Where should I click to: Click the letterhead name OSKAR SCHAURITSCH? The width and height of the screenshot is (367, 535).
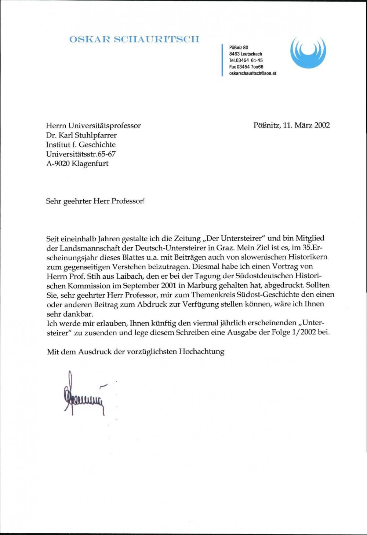click(x=134, y=39)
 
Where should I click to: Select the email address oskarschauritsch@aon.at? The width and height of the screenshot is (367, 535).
click(x=252, y=73)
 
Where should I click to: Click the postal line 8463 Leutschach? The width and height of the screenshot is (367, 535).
click(x=246, y=54)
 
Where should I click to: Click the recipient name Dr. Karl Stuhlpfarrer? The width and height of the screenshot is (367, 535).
click(x=81, y=135)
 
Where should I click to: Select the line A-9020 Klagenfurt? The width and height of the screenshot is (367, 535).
click(x=77, y=164)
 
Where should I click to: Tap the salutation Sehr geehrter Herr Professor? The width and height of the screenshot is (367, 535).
click(x=96, y=201)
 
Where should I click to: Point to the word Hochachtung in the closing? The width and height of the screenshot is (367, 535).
click(x=201, y=351)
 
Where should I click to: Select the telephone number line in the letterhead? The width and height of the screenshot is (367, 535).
click(x=246, y=60)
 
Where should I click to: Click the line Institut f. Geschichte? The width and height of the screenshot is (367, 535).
click(x=81, y=144)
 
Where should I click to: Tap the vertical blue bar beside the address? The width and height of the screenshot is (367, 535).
click(x=222, y=60)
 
